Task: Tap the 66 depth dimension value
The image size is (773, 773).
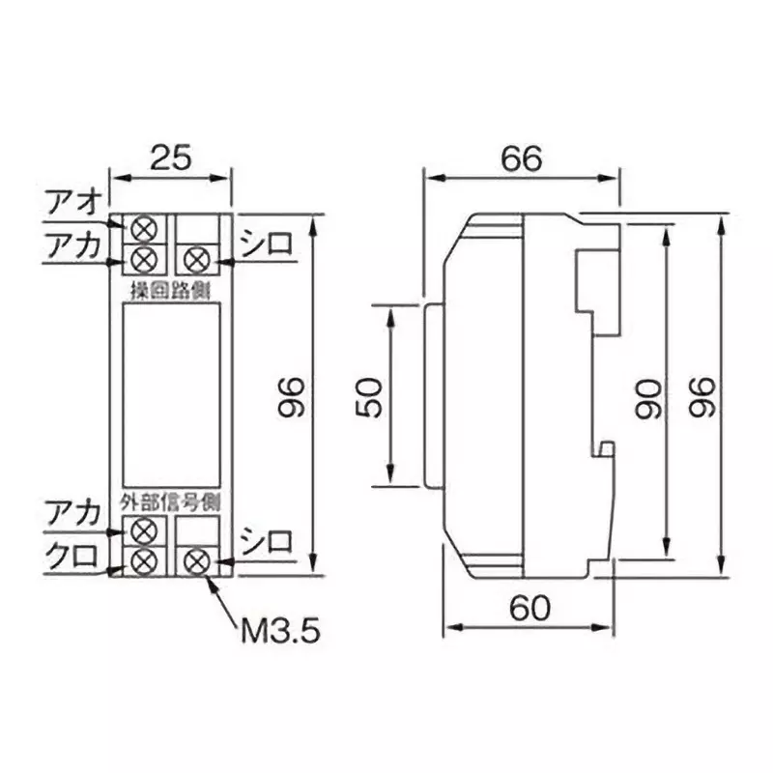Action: [521, 157]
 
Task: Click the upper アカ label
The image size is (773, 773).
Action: [72, 246]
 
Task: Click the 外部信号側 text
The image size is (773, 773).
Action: [170, 502]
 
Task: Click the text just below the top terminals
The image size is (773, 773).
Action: [170, 288]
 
